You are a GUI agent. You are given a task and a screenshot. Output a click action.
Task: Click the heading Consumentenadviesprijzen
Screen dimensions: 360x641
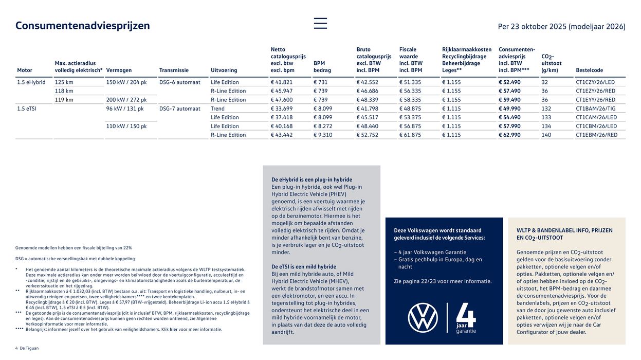pyautogui.click(x=83, y=26)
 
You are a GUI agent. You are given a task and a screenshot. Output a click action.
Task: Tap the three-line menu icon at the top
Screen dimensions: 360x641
pyautogui.click(x=320, y=23)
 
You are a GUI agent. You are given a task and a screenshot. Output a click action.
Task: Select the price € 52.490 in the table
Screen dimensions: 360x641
pyautogui.click(x=509, y=82)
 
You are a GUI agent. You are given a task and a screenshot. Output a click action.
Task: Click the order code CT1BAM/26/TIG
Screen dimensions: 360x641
pyautogui.click(x=595, y=109)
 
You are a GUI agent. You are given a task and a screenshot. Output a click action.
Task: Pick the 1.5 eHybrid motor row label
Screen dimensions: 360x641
pyautogui.click(x=31, y=82)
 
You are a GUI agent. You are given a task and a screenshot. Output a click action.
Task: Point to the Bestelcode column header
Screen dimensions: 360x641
pyautogui.click(x=590, y=70)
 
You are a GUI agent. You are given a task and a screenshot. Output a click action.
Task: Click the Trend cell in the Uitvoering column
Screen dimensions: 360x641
pyautogui.click(x=217, y=109)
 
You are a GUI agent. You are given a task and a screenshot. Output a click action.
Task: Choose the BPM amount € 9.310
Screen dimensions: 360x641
pyautogui.click(x=323, y=135)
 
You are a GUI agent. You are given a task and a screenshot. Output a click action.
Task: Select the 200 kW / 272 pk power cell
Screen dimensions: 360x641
pyautogui.click(x=126, y=100)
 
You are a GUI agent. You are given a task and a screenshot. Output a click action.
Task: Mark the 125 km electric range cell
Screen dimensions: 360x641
pyautogui.click(x=64, y=82)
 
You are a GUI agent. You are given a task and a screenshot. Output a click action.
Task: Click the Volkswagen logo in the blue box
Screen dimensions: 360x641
pyautogui.click(x=423, y=318)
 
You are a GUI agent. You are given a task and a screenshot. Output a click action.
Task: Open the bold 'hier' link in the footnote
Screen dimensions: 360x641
pyautogui.click(x=174, y=329)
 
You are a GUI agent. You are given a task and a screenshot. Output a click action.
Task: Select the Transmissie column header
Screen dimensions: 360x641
pyautogui.click(x=174, y=70)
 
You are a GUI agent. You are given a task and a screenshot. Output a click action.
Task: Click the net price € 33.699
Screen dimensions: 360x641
pyautogui.click(x=282, y=109)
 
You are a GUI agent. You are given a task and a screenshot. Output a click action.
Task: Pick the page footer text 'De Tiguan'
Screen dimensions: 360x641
pyautogui.click(x=29, y=348)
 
